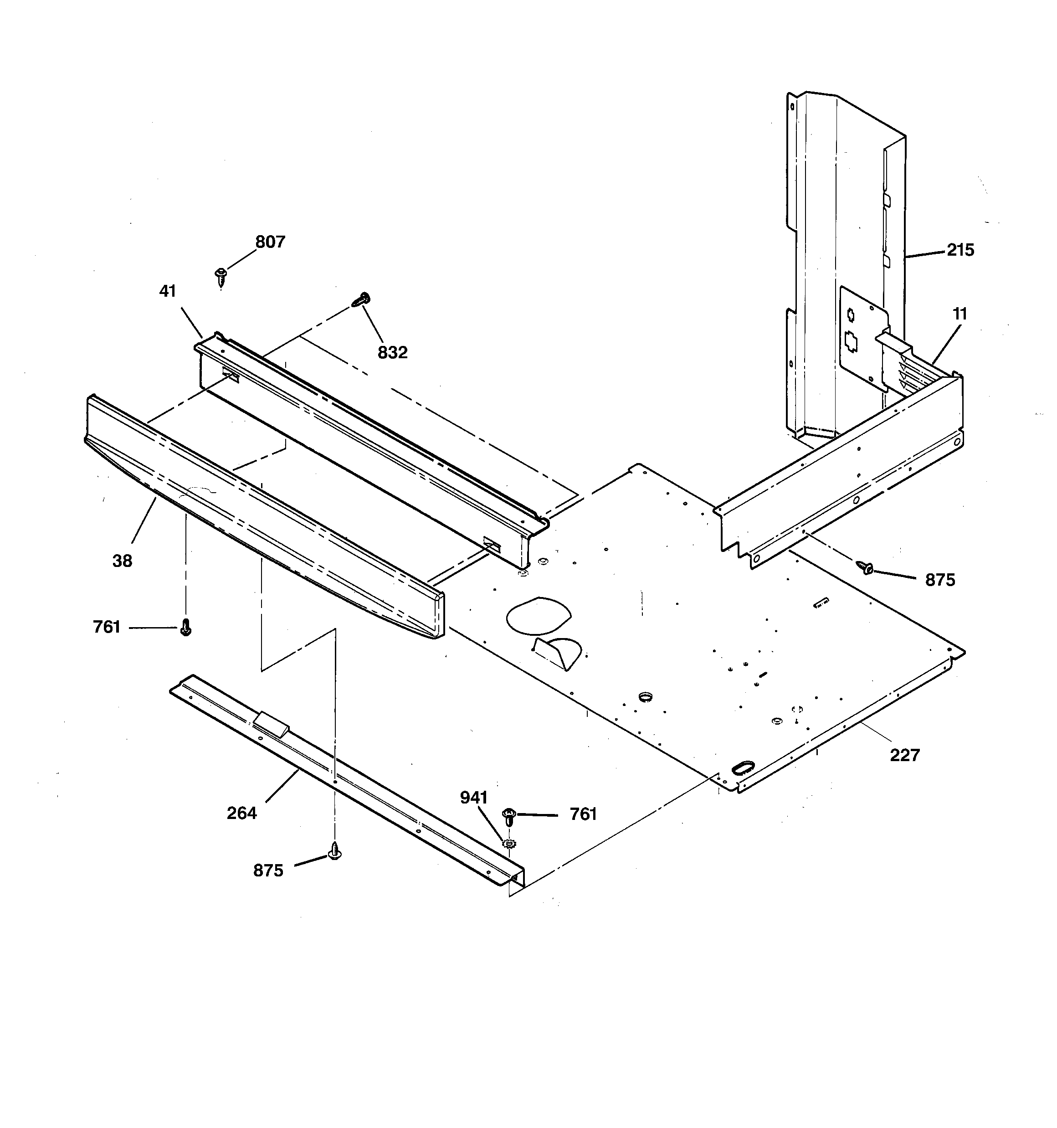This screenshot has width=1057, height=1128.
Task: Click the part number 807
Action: tap(270, 242)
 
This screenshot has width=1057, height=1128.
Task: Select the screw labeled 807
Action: tap(221, 276)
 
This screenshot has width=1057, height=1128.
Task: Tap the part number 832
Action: tap(393, 353)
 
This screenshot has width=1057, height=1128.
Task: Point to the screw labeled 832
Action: tap(361, 299)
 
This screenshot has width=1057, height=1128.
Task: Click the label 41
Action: tap(167, 291)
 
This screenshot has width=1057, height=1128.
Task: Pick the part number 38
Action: tap(122, 561)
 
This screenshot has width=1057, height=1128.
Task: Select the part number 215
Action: tap(960, 250)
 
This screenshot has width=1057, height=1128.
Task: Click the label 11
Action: tap(960, 314)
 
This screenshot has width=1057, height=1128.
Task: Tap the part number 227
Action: tap(904, 755)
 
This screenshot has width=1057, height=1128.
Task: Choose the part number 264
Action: tap(241, 814)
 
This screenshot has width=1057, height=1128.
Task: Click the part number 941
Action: tap(474, 798)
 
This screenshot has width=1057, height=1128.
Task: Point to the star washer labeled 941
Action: tap(509, 844)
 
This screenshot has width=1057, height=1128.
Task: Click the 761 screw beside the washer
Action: tap(509, 817)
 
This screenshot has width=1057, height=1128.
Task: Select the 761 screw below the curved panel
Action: tap(185, 628)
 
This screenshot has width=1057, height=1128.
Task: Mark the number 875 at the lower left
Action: tap(268, 870)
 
